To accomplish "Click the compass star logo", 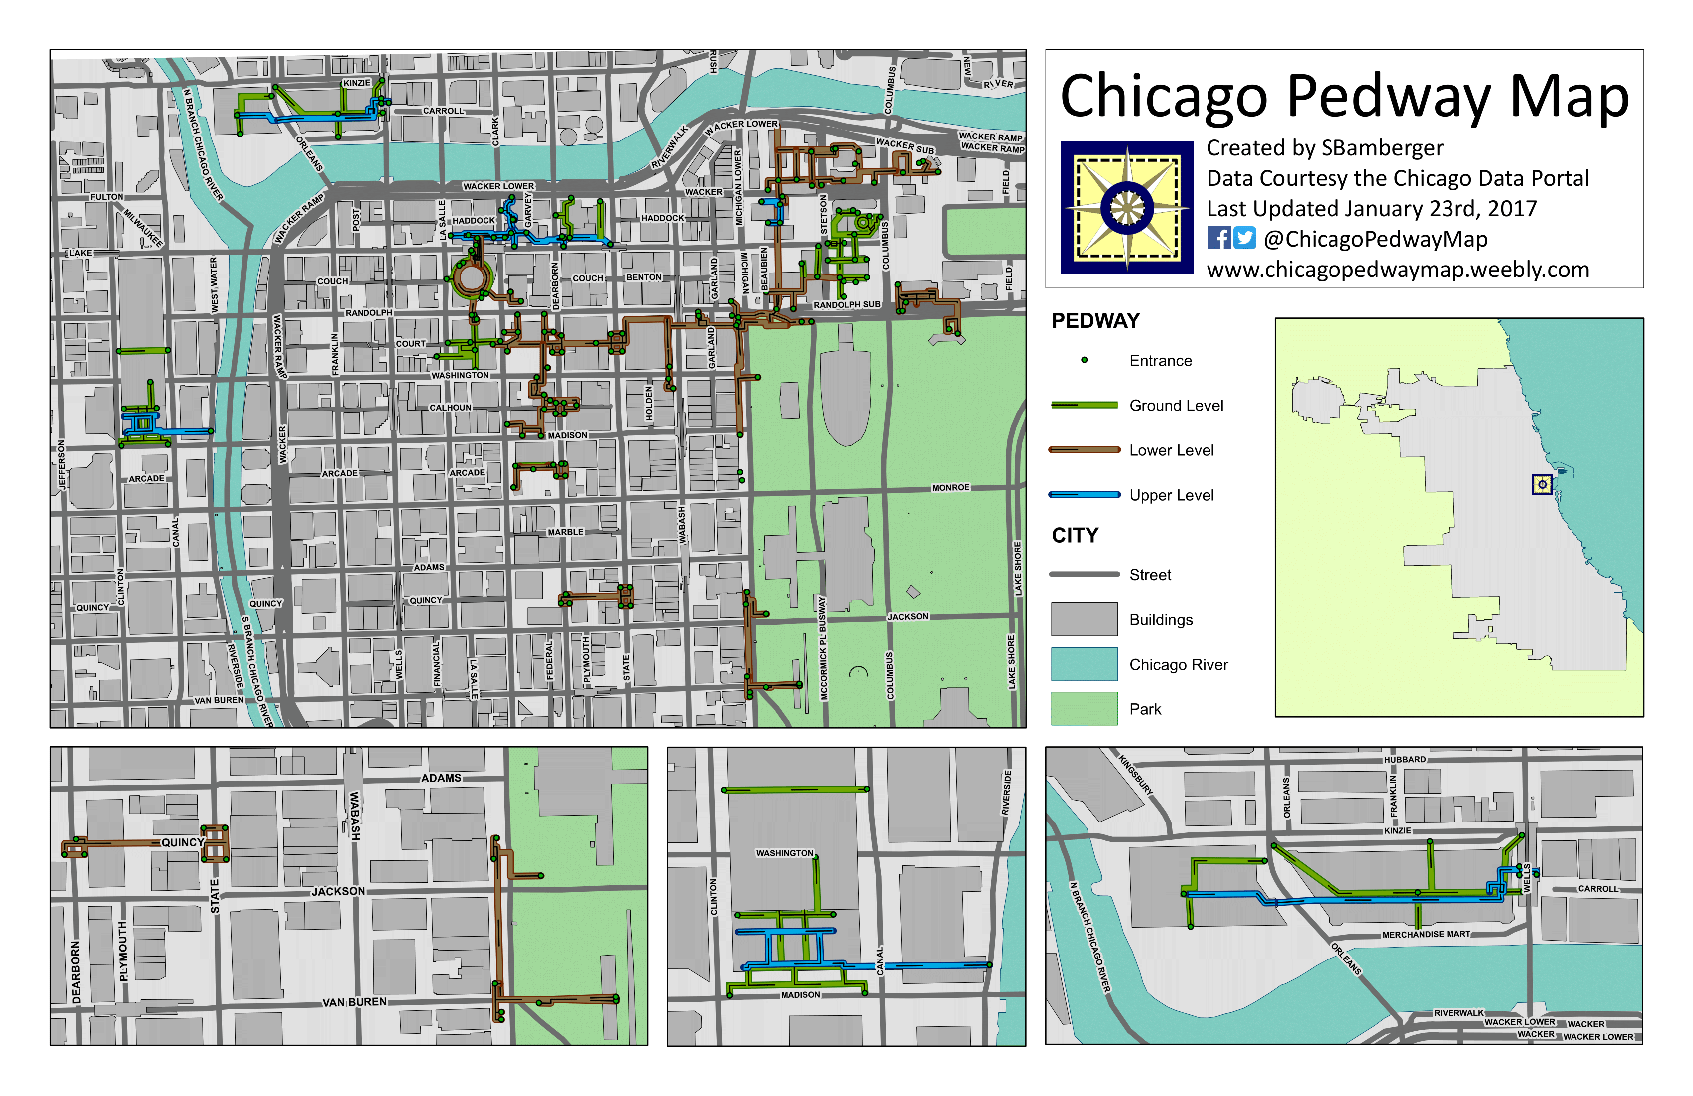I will click(x=1127, y=208).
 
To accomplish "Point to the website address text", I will click(x=1397, y=270).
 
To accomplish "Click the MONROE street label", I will click(x=951, y=488).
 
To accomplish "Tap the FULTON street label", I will click(x=107, y=197).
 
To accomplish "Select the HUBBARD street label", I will click(x=1404, y=759).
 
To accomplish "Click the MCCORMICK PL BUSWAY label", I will click(x=823, y=648).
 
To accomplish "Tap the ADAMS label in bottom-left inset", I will click(x=441, y=778).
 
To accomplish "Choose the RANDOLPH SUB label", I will click(x=846, y=304).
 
